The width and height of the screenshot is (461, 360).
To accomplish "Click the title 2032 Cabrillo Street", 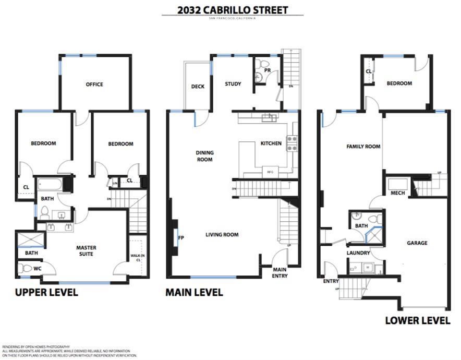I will tap(232, 10).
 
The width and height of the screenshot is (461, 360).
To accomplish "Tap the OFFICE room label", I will tap(94, 85).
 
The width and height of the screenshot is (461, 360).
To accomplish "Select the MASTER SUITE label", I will tap(86, 251).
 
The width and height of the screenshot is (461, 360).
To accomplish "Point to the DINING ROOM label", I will tap(204, 156).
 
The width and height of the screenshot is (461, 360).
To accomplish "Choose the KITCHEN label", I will tap(271, 143).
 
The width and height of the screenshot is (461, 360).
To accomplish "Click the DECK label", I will tap(198, 87).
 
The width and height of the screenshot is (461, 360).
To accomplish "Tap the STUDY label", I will tap(233, 84).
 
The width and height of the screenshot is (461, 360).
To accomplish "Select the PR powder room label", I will tap(267, 70).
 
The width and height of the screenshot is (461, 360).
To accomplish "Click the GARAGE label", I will tap(417, 243).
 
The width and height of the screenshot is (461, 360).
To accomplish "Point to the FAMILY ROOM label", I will tap(363, 147).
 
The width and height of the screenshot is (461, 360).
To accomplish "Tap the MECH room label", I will tap(398, 193).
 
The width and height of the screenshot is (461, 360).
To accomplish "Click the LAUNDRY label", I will tap(358, 253).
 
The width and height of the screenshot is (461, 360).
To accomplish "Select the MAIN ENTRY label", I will tap(280, 272).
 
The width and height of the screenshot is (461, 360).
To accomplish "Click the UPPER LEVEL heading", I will tap(46, 292).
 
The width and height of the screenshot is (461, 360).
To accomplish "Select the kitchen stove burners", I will tap(292, 143).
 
